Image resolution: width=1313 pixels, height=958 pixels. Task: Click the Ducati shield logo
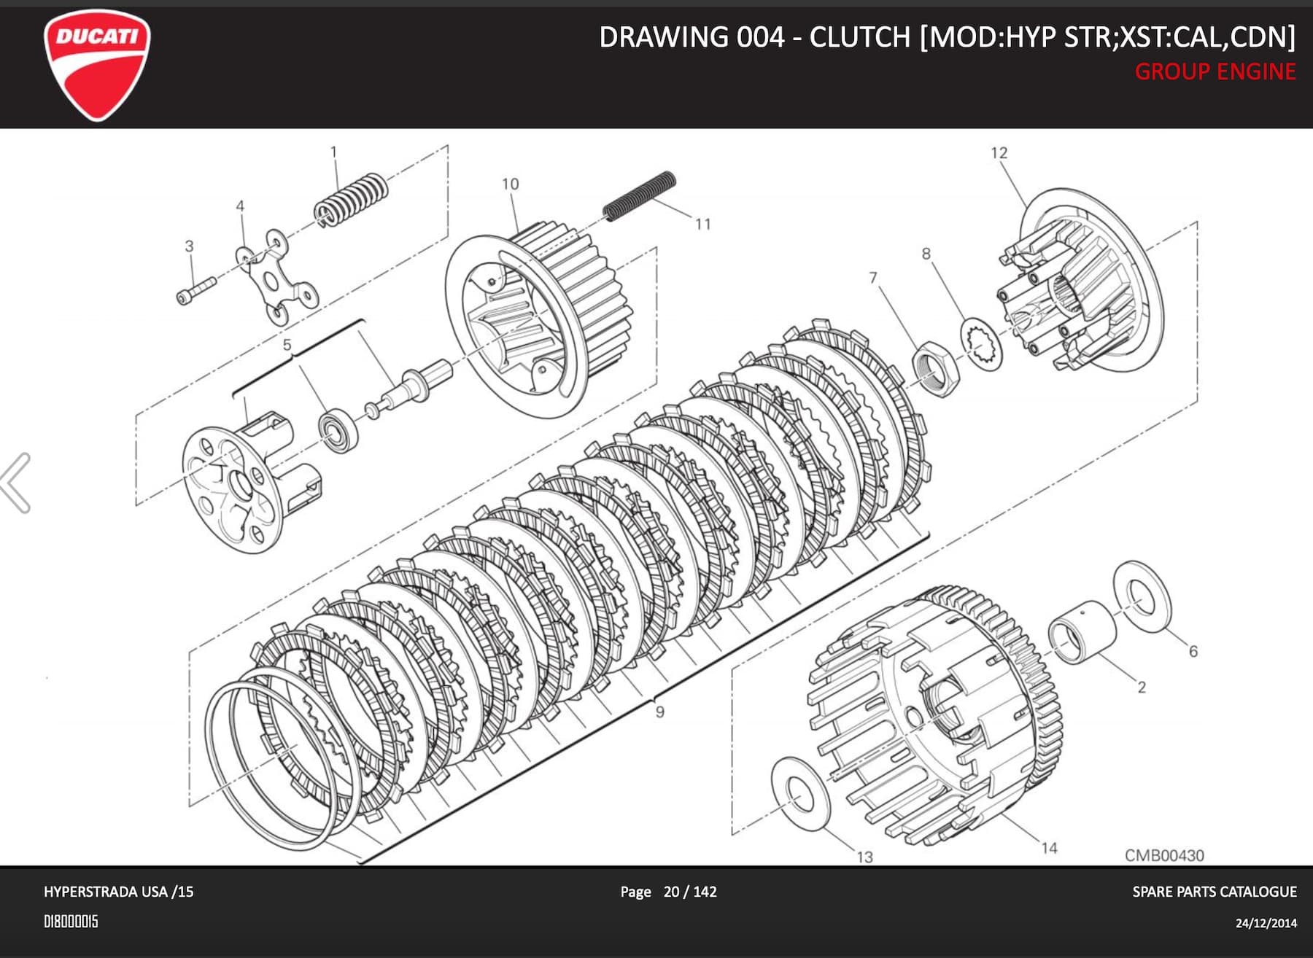(97, 64)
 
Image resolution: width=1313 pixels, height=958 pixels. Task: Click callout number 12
(999, 153)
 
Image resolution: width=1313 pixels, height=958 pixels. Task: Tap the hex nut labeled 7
(937, 367)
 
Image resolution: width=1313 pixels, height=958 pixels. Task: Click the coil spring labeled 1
(351, 199)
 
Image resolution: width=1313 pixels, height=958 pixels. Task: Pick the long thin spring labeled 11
(640, 195)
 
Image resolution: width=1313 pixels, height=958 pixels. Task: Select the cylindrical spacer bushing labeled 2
(1081, 631)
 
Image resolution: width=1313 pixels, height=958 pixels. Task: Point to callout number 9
(659, 712)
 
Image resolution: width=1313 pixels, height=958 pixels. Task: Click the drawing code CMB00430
(1163, 855)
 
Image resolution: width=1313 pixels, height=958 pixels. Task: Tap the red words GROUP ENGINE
(1215, 72)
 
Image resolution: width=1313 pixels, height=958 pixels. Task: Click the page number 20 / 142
(689, 892)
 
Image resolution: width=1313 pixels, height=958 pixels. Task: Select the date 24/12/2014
(1266, 923)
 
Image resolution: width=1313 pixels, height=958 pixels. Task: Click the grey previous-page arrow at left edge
(16, 483)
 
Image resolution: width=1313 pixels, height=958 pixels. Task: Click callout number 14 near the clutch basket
(1048, 848)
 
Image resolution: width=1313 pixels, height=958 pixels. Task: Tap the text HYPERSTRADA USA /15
(118, 892)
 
